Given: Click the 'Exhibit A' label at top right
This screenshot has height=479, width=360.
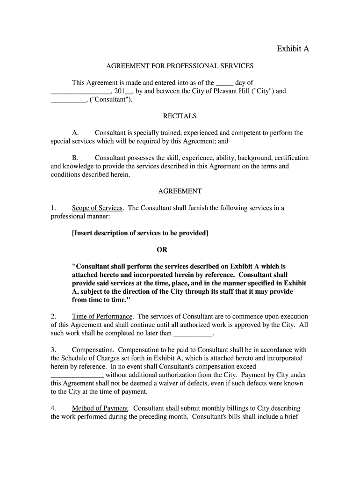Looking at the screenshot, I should click(293, 49).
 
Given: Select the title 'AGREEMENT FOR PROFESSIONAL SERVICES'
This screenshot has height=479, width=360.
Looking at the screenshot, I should click(180, 66).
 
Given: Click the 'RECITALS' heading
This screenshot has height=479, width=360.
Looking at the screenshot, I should click(180, 116).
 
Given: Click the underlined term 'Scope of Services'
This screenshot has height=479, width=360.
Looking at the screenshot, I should click(97, 208).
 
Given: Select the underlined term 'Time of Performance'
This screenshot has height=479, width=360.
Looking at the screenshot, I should click(102, 317).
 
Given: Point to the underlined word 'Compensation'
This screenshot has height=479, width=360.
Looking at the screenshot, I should click(93, 350).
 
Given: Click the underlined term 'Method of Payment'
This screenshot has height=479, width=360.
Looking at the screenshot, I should click(100, 408).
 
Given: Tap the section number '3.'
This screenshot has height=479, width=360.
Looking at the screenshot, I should click(53, 350).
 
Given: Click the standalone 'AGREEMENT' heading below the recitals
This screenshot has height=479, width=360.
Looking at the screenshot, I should click(180, 191).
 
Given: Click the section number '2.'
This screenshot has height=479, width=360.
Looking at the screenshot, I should click(53, 317).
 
